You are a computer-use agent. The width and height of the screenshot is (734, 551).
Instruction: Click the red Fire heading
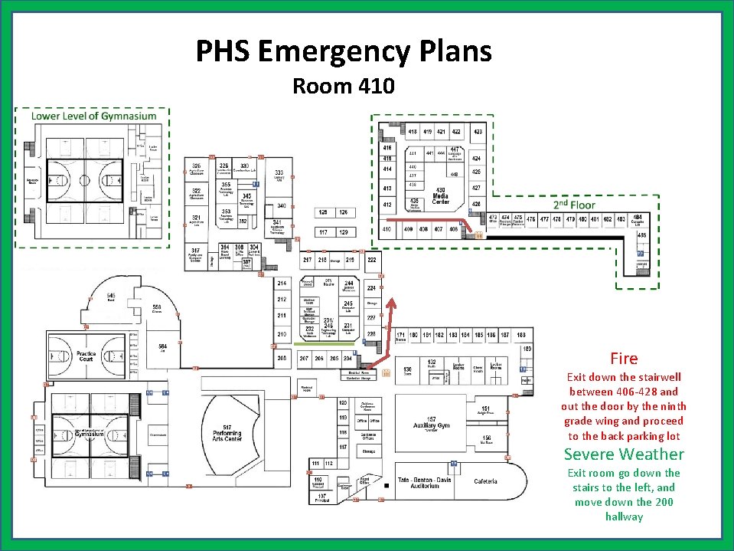point(624,358)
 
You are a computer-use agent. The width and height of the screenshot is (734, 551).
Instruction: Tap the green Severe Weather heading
point(624,454)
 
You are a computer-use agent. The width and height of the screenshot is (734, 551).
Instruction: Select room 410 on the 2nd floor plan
point(387,228)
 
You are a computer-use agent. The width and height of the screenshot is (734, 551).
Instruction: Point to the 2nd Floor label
point(574,205)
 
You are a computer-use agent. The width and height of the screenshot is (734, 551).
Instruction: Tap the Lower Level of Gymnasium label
point(93,116)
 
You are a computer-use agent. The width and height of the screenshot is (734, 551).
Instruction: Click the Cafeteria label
point(485,481)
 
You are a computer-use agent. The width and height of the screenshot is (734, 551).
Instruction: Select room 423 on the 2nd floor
point(478,132)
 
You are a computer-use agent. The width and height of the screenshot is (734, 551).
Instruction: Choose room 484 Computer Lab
point(637,220)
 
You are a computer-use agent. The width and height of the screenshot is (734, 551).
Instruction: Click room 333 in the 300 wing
point(280,174)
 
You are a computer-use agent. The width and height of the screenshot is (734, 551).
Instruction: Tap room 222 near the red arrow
point(372,261)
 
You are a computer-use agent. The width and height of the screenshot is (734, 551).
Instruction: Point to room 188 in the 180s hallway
point(520,335)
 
